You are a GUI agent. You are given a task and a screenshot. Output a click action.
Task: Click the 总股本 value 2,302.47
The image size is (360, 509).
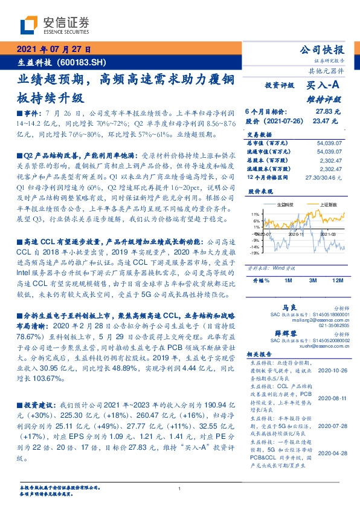click(x=330, y=160)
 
